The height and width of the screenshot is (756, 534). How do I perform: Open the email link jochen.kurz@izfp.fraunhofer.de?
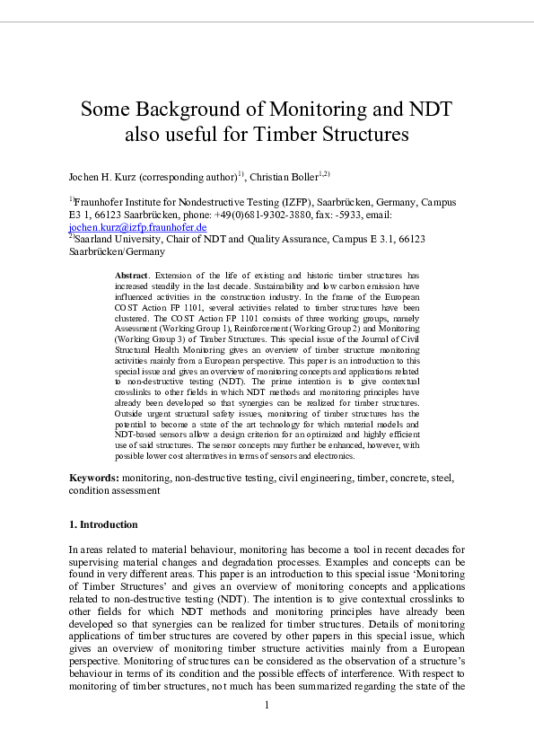click(x=138, y=228)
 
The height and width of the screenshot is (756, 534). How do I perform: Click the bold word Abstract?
click(x=134, y=274)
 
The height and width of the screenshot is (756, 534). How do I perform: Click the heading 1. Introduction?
click(x=103, y=523)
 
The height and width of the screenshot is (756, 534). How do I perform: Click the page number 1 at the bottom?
click(x=267, y=704)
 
